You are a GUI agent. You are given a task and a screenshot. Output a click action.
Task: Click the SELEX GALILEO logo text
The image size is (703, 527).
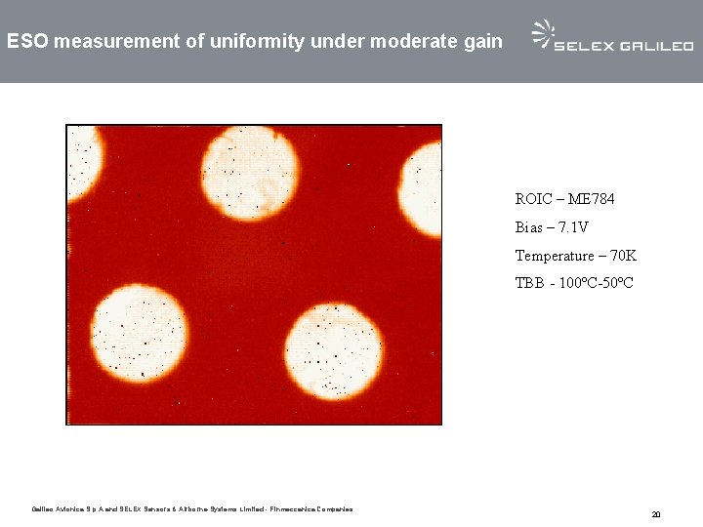[624, 45]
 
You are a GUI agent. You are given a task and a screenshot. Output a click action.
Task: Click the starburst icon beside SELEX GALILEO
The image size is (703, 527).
[542, 34]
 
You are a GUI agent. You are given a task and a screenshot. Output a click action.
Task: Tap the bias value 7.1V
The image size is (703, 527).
[573, 227]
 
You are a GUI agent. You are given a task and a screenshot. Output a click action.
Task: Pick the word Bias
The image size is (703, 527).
[528, 227]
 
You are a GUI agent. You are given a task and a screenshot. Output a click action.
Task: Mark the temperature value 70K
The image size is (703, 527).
[622, 256]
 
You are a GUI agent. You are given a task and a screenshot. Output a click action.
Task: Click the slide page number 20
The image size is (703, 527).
[656, 513]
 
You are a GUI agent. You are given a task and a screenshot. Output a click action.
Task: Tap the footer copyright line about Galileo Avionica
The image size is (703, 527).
[192, 508]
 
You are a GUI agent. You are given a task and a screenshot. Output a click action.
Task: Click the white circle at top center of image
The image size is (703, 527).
[250, 174]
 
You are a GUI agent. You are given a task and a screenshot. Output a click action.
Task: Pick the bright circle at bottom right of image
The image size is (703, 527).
[333, 350]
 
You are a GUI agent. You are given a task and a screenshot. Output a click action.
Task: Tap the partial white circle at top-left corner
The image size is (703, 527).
[83, 161]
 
